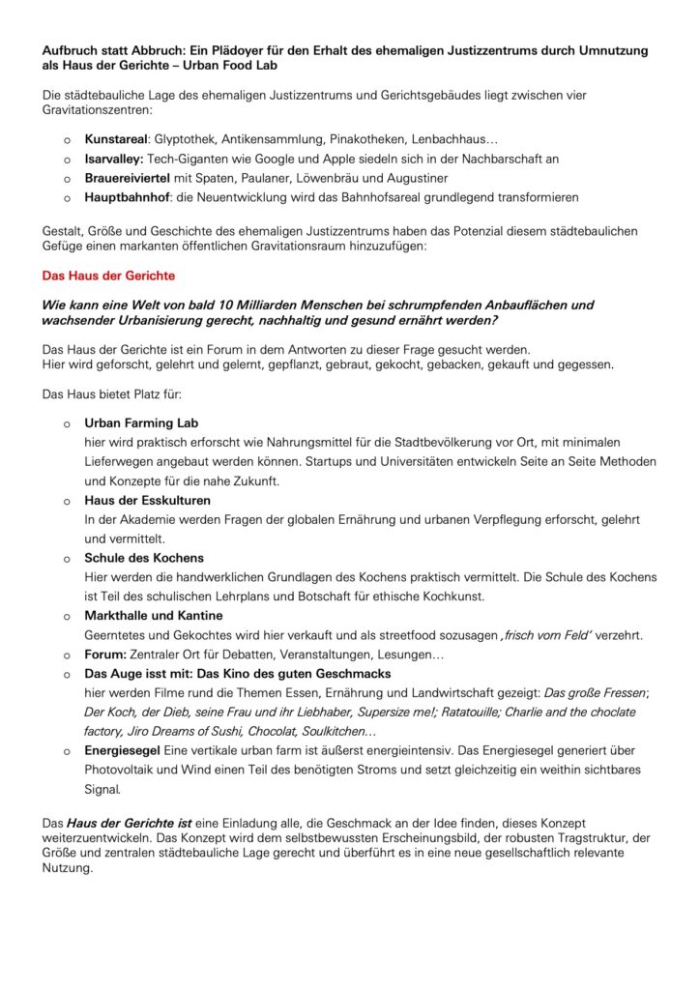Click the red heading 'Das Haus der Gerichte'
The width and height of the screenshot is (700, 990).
(x=109, y=276)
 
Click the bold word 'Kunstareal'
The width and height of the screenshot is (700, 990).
(x=117, y=139)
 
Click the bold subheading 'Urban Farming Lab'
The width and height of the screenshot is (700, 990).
(x=141, y=423)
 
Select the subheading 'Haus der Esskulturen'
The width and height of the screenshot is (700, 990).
(x=147, y=500)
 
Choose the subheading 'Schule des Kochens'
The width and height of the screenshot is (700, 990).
(x=144, y=558)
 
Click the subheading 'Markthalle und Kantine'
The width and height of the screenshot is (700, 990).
(x=154, y=615)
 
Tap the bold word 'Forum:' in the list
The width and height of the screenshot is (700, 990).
(x=106, y=654)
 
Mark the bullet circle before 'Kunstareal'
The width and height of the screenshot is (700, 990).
(x=67, y=140)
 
